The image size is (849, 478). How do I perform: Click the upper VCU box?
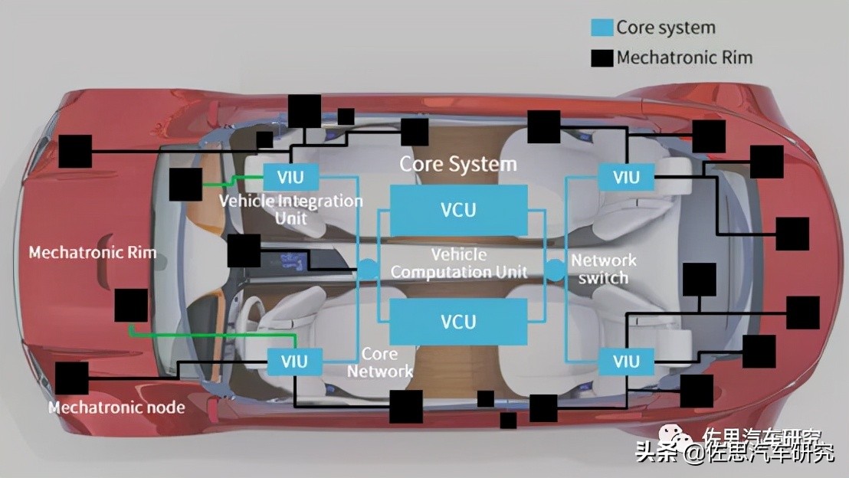coord(458,210)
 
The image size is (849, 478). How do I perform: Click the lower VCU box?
coord(458,321)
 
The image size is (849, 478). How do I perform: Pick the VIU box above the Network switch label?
coord(625,178)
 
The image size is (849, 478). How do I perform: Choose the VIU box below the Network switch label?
coord(625,361)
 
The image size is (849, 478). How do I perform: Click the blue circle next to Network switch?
coord(555,269)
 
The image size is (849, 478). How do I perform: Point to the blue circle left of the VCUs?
coord(369,269)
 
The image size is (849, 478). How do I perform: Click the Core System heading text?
coord(458,164)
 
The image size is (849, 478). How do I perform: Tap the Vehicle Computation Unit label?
coord(458,263)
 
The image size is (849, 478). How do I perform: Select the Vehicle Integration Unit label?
coord(291,209)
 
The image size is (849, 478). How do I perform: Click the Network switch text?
coord(604,269)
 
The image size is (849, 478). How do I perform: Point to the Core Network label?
coord(380,362)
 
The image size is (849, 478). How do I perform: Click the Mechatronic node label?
coord(116,407)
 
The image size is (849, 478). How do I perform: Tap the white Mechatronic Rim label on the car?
coord(92,252)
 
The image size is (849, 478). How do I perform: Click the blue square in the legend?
coord(602,28)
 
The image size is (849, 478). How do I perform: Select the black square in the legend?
coord(602,57)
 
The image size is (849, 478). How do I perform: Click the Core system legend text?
coord(665,28)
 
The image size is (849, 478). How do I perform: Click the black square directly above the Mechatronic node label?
coord(72,378)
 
